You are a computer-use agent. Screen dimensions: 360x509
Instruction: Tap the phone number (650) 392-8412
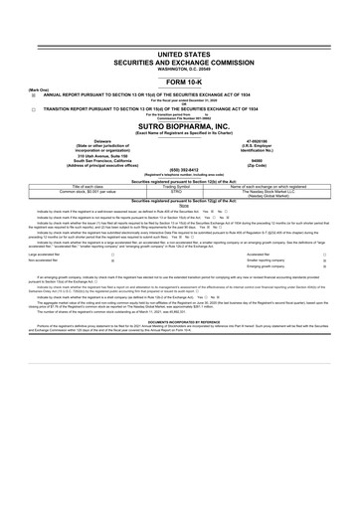(180, 170)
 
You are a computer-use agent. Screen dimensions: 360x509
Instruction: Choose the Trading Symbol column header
(180, 186)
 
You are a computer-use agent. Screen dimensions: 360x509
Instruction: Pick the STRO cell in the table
(180, 191)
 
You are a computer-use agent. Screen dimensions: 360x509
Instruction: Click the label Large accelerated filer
(29, 254)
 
